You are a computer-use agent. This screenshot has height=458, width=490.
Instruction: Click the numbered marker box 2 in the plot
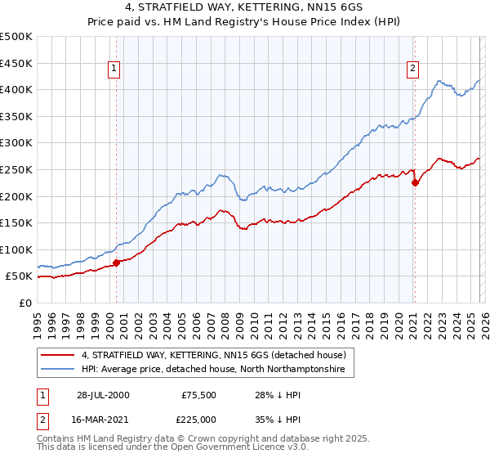pos(413,69)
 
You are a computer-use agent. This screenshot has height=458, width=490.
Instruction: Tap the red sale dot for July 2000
pos(117,263)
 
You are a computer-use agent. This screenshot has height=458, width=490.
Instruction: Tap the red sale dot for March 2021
pos(415,182)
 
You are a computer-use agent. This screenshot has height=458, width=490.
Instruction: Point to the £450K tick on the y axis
pos(16,63)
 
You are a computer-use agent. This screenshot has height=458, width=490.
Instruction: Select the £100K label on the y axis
pos(16,249)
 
